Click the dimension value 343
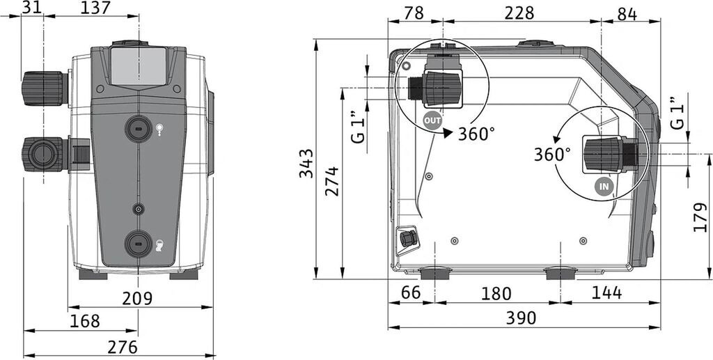[x=306, y=163]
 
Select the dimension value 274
[x=332, y=181]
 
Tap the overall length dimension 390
[x=521, y=318]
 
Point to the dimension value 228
[x=519, y=13]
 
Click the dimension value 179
[x=700, y=217]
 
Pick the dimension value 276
[x=123, y=347]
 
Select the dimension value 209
[x=137, y=298]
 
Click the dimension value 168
[x=84, y=322]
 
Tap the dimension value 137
[x=96, y=8]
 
